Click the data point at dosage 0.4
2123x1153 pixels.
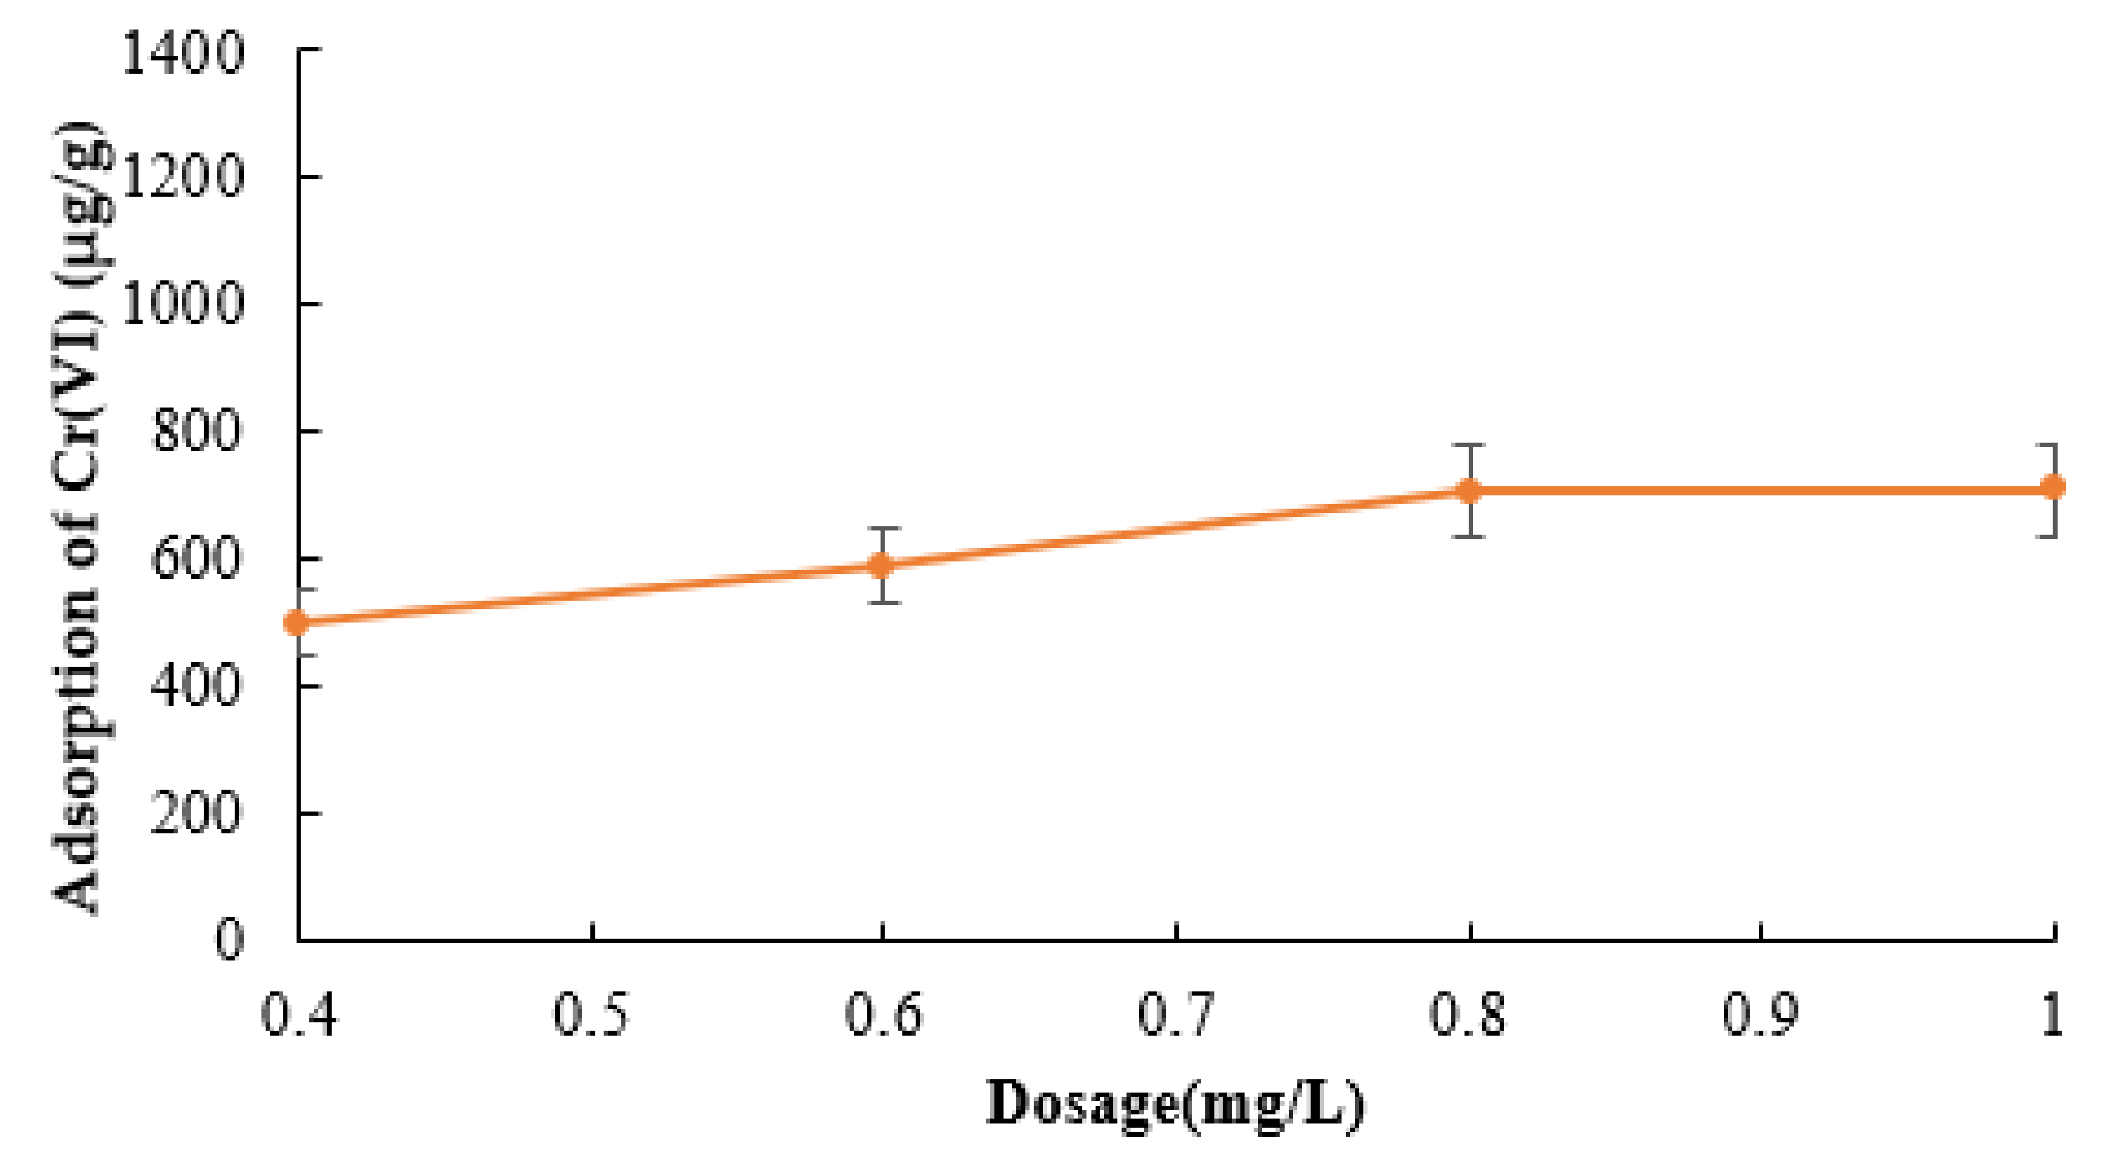pos(297,623)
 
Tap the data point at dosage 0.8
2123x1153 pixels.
pos(1469,491)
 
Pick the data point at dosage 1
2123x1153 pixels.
pos(2053,487)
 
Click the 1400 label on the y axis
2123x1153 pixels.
pos(183,53)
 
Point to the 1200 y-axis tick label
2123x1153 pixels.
pos(183,176)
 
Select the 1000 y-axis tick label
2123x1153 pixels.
pos(183,304)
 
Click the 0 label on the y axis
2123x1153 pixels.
pos(229,939)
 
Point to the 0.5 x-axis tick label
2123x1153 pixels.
pos(591,1014)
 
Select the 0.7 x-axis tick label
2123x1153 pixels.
pos(1175,1014)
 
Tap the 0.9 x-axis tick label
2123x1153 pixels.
pos(1760,1014)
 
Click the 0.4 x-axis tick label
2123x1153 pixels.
pos(299,1014)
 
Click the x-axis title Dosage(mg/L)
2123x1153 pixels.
pos(1175,1105)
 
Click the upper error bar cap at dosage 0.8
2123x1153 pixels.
pos(1469,445)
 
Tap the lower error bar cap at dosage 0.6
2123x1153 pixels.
pos(882,602)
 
